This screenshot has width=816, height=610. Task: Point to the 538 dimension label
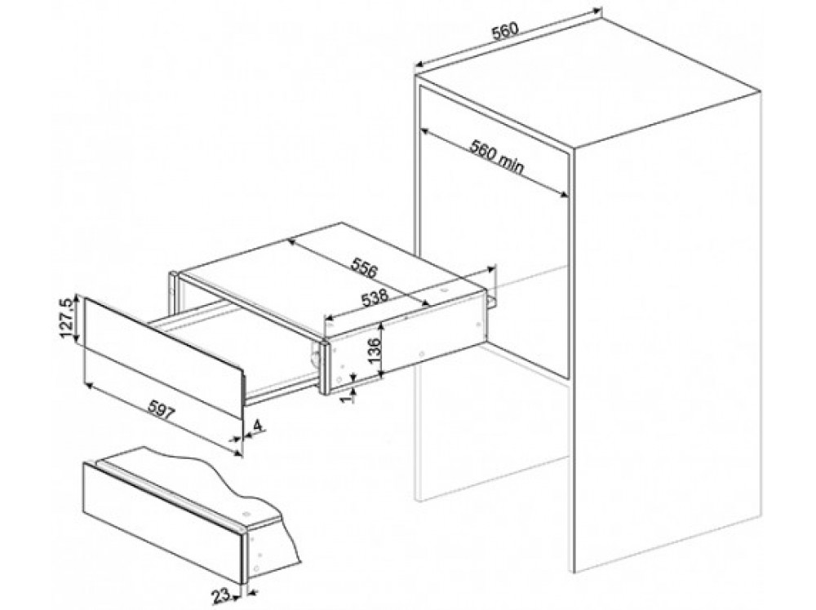[x=374, y=299]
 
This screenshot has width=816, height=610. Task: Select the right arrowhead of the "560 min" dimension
[x=563, y=193]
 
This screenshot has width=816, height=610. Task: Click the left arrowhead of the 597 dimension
[x=88, y=386]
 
